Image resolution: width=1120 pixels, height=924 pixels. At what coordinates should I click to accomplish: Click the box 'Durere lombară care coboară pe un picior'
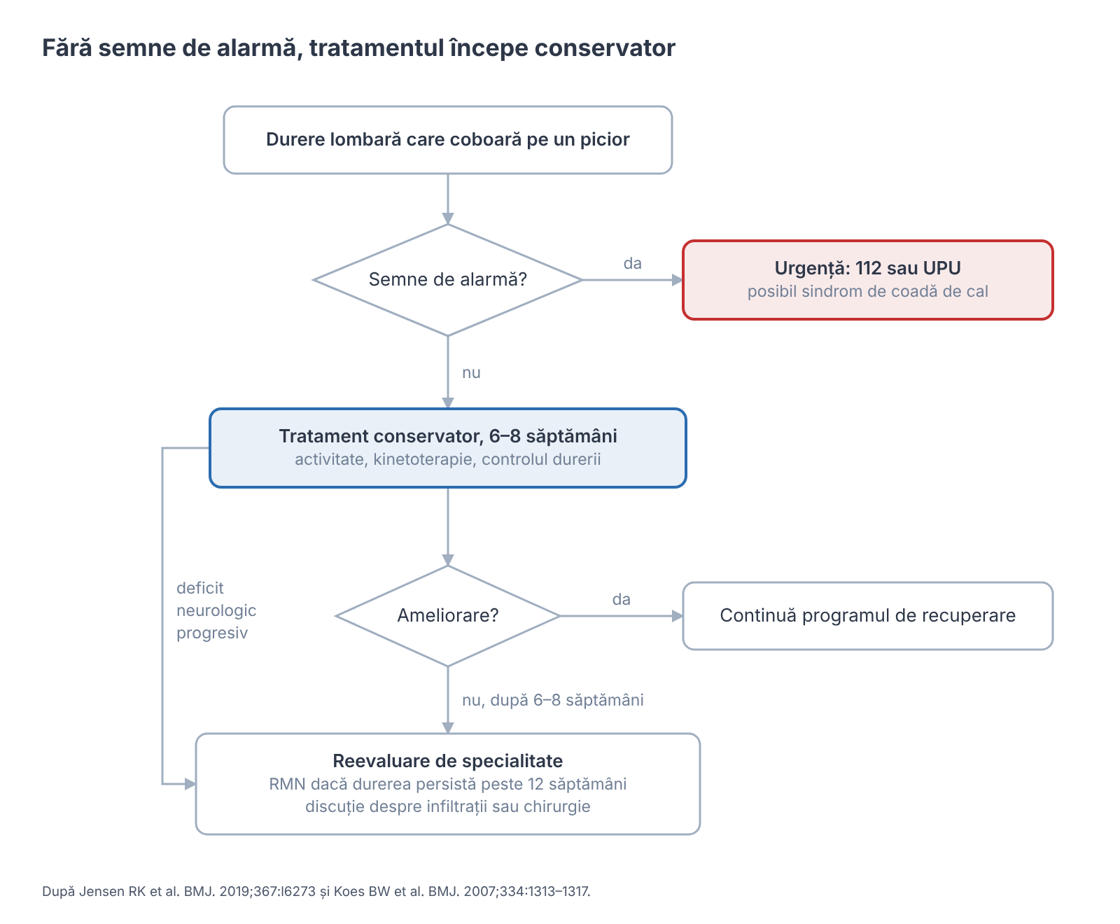point(448,140)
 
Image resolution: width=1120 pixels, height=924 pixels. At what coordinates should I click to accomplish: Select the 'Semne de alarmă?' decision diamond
point(448,280)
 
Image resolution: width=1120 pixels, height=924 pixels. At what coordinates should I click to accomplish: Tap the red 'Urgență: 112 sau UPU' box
point(868,280)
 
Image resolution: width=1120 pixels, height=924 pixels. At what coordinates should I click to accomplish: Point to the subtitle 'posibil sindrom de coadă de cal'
point(868,292)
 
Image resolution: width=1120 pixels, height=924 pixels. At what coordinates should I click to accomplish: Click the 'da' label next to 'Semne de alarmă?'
point(633,264)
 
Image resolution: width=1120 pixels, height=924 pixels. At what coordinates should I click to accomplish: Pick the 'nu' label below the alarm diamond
point(471,373)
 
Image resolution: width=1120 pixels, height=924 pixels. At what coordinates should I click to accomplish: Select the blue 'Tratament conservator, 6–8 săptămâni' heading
point(448,436)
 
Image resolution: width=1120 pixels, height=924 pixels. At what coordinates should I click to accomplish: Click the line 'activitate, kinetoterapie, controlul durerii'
point(448,460)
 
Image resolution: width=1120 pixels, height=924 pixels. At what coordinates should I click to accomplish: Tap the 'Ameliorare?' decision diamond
point(448,616)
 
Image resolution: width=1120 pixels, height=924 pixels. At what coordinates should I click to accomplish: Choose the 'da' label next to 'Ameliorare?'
point(622,600)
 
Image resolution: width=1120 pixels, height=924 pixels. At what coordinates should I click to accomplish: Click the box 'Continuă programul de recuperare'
point(868,616)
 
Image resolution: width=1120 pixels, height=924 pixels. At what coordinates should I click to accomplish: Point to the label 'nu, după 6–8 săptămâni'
point(553,701)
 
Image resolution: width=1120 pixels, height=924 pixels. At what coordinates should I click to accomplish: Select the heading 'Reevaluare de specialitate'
point(448,761)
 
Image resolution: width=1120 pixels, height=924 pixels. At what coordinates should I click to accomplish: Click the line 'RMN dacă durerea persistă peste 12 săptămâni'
point(448,784)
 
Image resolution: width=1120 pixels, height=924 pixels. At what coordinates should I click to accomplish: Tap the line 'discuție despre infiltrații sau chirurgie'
point(448,806)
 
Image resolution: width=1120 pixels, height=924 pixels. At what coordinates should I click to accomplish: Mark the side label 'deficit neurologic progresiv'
point(216,610)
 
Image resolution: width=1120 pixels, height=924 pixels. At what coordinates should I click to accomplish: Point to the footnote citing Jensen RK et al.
point(316,892)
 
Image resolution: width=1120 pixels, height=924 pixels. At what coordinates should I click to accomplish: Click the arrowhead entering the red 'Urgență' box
point(677,280)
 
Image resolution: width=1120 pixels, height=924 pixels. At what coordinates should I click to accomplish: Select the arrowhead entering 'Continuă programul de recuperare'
point(677,616)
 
